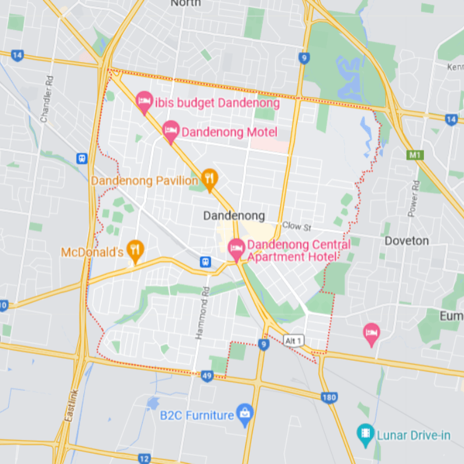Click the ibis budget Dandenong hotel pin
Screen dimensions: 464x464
click(x=143, y=102)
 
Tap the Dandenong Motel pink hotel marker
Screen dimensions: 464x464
click(x=171, y=130)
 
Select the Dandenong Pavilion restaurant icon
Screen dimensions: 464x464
click(x=210, y=178)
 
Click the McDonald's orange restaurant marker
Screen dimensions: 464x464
click(x=135, y=251)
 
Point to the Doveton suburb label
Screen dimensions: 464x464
click(x=407, y=241)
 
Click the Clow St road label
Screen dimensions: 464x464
click(x=293, y=225)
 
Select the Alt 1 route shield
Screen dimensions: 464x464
click(x=293, y=341)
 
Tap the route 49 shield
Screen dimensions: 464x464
click(x=207, y=376)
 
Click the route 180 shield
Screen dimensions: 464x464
click(x=329, y=397)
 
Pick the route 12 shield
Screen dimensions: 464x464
click(x=144, y=458)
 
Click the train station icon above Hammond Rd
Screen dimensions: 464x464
click(x=205, y=262)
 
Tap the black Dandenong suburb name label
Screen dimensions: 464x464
click(x=234, y=216)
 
